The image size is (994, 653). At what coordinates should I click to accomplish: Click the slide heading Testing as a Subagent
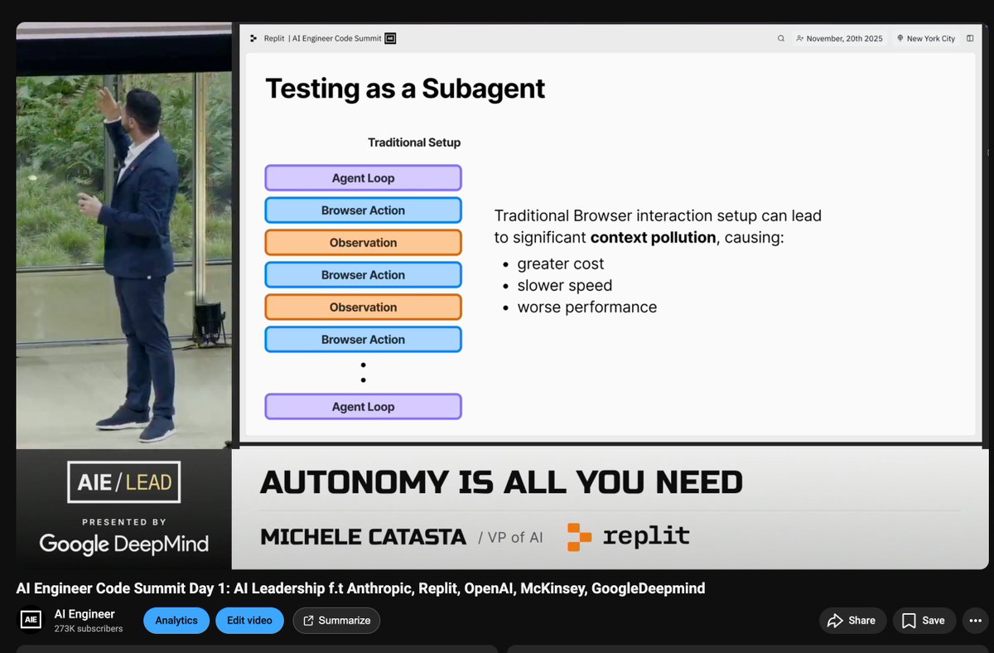(404, 89)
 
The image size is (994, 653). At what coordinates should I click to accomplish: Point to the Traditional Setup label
(413, 143)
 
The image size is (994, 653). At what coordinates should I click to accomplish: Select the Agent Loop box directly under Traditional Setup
(363, 178)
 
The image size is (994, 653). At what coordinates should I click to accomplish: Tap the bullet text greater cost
(560, 264)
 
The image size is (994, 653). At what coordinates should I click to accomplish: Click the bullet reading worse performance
(586, 307)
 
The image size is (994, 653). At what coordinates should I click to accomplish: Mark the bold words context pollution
(653, 237)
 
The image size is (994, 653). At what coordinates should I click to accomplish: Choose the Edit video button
(249, 620)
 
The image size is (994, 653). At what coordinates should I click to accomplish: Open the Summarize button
(336, 620)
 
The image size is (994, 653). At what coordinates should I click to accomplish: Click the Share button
(852, 620)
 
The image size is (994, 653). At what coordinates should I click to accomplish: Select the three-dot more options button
(977, 620)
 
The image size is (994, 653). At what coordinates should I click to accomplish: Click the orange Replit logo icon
(579, 536)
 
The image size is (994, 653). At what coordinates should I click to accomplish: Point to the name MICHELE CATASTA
(363, 537)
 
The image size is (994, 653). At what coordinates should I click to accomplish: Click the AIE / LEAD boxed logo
(123, 482)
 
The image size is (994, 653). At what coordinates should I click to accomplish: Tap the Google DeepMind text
(123, 544)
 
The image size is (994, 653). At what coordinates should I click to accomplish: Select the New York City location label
(925, 38)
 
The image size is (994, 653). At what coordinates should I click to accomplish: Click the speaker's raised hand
(108, 104)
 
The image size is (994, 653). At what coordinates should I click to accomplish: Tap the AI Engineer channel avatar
(31, 620)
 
